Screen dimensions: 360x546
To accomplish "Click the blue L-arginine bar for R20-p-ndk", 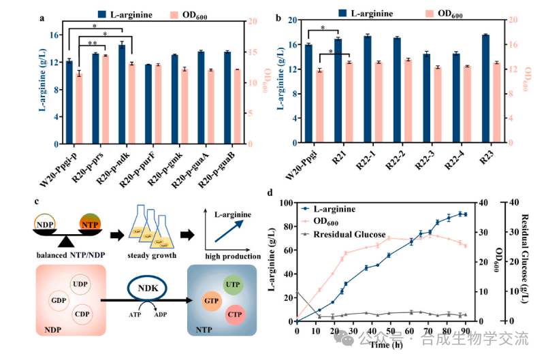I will [x=122, y=95].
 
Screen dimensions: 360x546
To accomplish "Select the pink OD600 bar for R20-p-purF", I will [x=158, y=105].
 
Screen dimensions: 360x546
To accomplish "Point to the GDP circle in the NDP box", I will [x=58, y=300].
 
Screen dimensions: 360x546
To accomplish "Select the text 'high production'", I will [x=232, y=257].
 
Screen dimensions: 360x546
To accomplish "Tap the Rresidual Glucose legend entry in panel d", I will [x=339, y=234].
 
